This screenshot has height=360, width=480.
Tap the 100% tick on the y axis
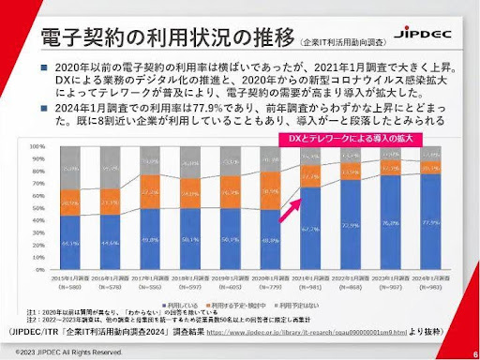point(38,147)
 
